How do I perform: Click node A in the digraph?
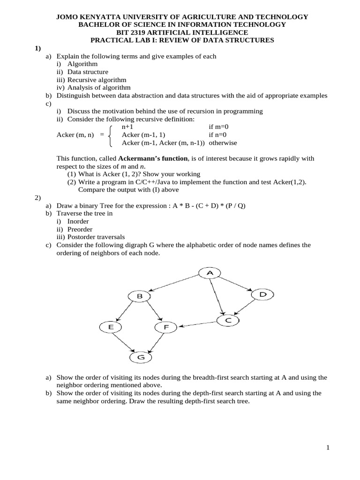tap(210, 273)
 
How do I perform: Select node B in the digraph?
tap(139, 296)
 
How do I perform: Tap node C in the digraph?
tap(228, 320)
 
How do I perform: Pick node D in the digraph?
tap(262, 294)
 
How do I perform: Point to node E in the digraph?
tap(111, 327)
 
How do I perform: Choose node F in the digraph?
tap(165, 327)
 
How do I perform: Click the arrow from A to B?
tap(174, 285)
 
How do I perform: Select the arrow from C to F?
tap(199, 323)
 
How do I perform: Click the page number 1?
tap(328, 448)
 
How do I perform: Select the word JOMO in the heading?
tap(67, 17)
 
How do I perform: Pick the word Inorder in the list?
tap(78, 221)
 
